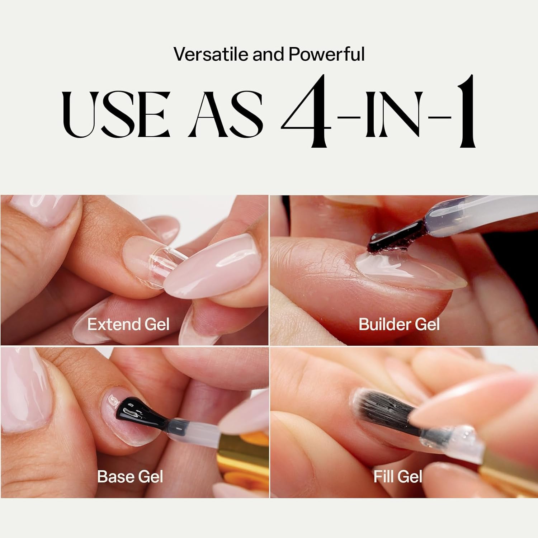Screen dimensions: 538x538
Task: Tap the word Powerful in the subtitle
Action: click(x=326, y=55)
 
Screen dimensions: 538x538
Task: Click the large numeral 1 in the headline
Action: click(x=461, y=111)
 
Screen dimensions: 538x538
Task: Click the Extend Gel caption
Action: click(x=128, y=325)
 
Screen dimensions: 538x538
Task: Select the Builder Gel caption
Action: click(x=399, y=325)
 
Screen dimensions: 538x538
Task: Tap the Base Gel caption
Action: click(x=130, y=477)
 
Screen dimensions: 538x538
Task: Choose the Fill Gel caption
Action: click(x=398, y=477)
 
